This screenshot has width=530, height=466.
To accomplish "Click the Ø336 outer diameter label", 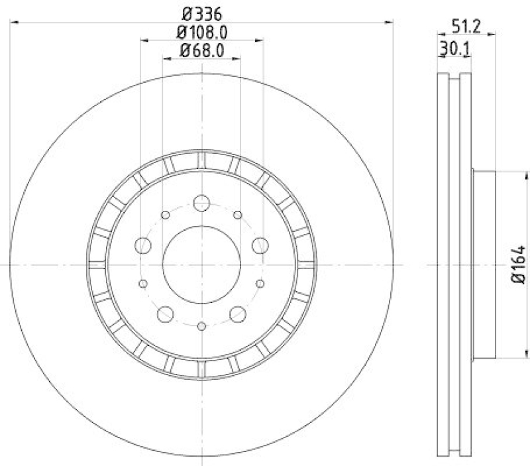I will pos(201,13).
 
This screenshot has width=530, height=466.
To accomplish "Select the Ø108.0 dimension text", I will pos(201,31).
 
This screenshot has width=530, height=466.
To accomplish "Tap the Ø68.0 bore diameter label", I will pos(201,50).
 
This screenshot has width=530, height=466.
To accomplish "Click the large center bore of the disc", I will pos(201,264).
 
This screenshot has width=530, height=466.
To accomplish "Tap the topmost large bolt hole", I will pos(201,204).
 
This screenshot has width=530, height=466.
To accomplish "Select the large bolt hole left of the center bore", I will pos(142,246).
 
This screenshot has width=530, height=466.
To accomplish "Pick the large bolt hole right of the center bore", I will pos(260,246).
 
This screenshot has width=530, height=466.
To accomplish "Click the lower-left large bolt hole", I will pos(165,314).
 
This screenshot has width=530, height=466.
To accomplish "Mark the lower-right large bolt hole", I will pos(237,314).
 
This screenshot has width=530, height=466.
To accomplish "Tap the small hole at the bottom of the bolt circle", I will pos(201,325).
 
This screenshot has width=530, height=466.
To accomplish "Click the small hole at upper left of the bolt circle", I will pos(165,215).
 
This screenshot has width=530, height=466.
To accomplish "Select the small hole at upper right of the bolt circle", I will pos(237,215).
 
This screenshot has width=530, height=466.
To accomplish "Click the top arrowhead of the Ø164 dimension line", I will pos(506,174).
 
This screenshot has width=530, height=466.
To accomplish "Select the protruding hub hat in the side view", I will pos(484,264).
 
